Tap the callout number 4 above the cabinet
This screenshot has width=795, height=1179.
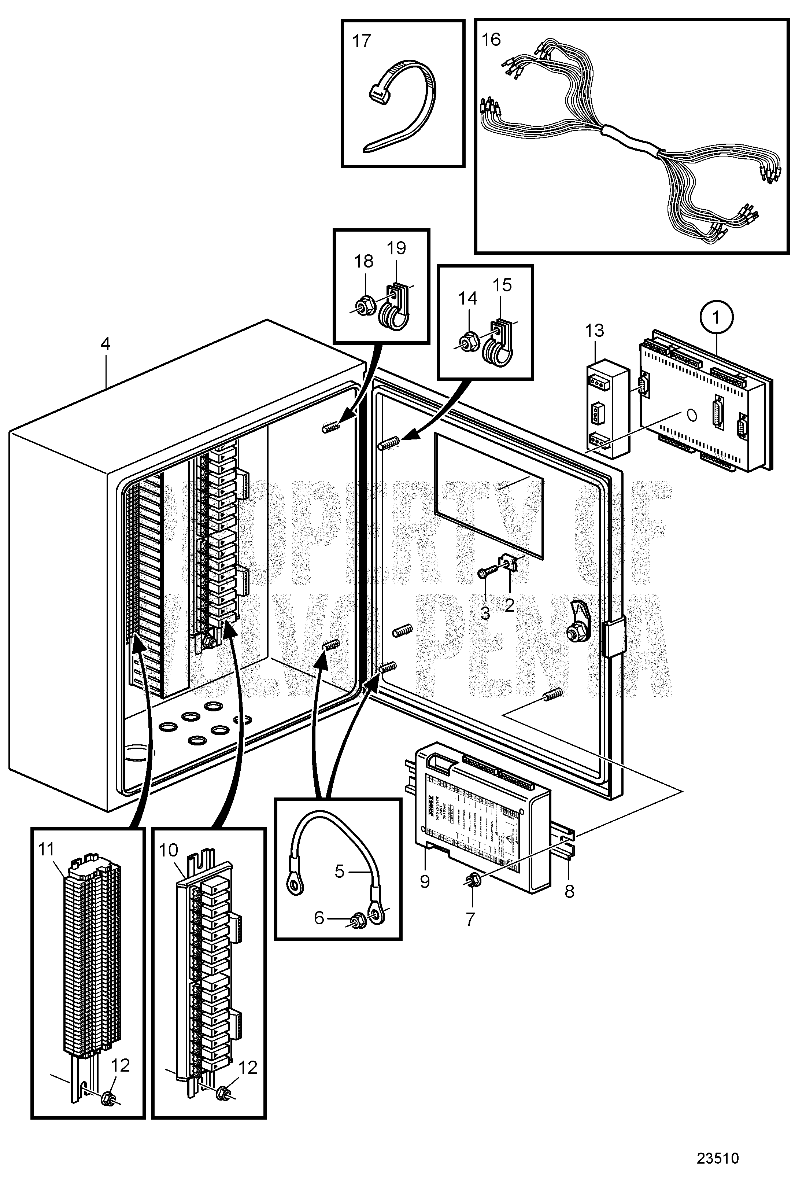104,344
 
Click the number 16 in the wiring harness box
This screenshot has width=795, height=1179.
491,40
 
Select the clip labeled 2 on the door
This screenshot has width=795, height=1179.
509,563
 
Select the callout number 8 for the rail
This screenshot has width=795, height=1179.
569,891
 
